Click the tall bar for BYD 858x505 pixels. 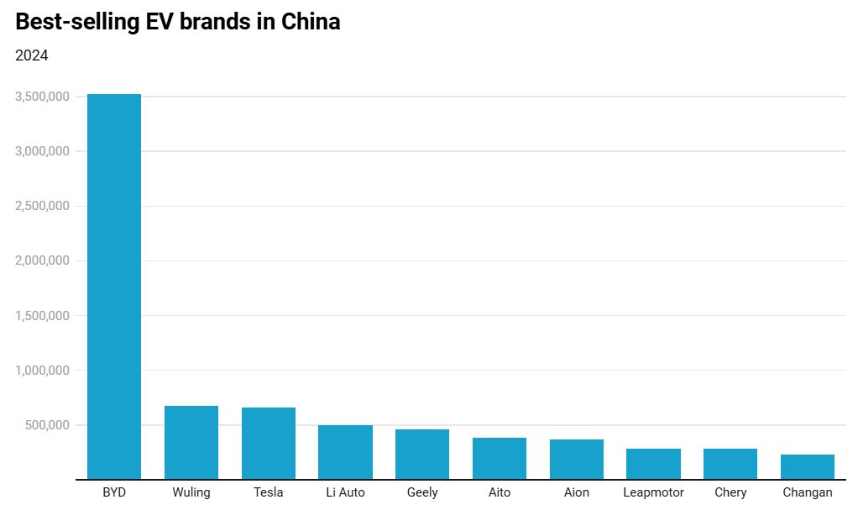point(114,286)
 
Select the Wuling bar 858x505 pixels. point(191,443)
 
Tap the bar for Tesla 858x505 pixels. point(269,444)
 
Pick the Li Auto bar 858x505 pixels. point(345,452)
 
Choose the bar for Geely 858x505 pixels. point(422,455)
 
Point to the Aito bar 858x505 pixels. point(500,459)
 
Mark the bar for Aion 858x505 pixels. point(577,460)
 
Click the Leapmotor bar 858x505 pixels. point(653,464)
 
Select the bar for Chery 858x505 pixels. point(730,464)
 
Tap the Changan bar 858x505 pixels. point(808,467)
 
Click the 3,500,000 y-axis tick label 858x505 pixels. point(43,97)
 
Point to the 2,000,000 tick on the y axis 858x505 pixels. point(43,260)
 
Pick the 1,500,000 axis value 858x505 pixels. point(43,316)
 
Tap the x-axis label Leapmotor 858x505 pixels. point(653,492)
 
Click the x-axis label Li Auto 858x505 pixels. point(345,492)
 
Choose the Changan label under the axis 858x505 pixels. point(808,492)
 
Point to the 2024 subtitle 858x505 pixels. point(32,55)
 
